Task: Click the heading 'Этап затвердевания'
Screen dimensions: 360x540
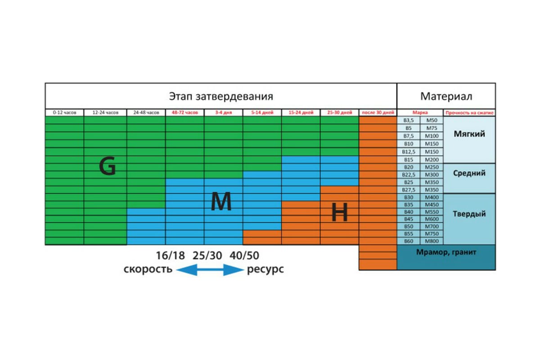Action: (x=220, y=96)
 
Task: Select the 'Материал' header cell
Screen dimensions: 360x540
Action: (x=446, y=96)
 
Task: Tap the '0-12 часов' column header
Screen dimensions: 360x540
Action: (x=64, y=113)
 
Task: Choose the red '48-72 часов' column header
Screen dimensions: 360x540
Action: (x=184, y=113)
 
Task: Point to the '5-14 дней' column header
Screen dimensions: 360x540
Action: (x=262, y=113)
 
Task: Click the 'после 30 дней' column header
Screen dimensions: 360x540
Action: (x=378, y=113)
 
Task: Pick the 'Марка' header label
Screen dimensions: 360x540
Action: (x=420, y=113)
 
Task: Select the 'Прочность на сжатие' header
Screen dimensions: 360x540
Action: (x=469, y=113)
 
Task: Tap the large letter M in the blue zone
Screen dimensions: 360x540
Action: (x=221, y=203)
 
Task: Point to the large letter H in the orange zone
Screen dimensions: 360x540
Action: (x=339, y=212)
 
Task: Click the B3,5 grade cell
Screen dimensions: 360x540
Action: (x=409, y=121)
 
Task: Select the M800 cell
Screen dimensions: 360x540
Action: (x=431, y=241)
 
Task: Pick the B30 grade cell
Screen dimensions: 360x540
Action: (x=409, y=197)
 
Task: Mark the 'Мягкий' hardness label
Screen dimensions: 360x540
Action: (x=469, y=134)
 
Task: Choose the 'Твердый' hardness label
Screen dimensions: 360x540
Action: (x=469, y=214)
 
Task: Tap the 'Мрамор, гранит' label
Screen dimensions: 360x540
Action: (x=445, y=252)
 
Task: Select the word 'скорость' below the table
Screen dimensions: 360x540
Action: (x=148, y=270)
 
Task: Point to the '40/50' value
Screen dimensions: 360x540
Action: (x=244, y=256)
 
